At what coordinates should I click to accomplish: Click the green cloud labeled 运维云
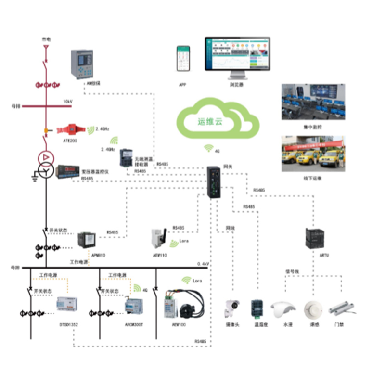pyautogui.click(x=218, y=120)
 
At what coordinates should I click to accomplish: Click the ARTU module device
pyautogui.click(x=316, y=238)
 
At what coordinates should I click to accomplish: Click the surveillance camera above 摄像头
pyautogui.click(x=232, y=308)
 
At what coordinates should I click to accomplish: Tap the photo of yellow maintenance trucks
pyautogui.click(x=313, y=154)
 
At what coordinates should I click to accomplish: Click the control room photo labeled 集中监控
pyautogui.click(x=313, y=102)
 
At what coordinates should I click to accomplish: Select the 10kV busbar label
pyautogui.click(x=68, y=102)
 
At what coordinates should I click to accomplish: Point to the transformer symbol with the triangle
pyautogui.click(x=44, y=158)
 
